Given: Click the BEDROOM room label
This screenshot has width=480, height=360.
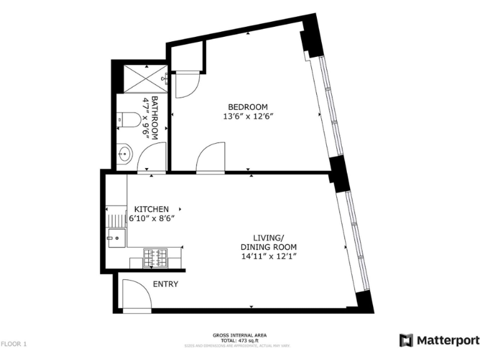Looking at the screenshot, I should click(247, 106).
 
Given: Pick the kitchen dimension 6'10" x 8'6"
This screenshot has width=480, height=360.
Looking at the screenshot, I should click(151, 219).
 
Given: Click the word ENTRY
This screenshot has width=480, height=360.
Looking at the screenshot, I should click(166, 284).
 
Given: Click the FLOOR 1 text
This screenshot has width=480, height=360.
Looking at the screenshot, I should click(14, 344).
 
